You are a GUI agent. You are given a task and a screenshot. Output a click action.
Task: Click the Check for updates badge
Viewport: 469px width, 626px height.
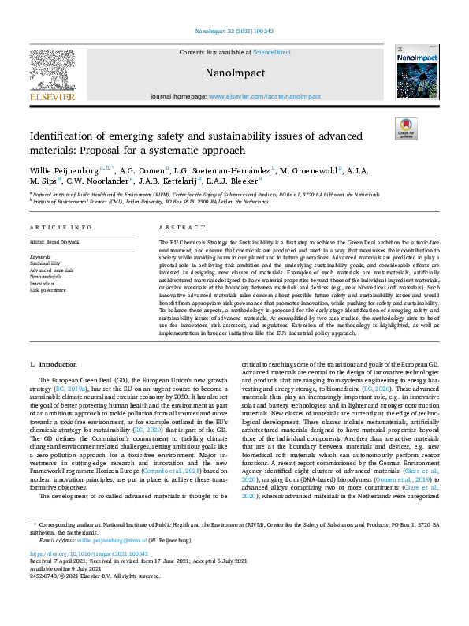point(404,128)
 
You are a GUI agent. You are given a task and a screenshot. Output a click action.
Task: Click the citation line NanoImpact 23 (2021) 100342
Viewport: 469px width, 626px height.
point(234,32)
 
